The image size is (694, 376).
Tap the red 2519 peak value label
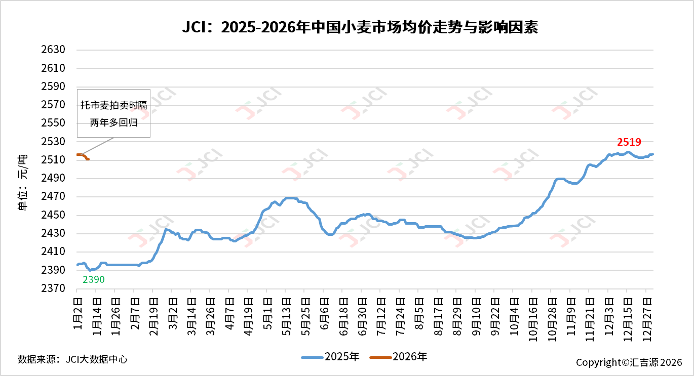629,142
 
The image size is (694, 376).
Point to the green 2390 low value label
94,279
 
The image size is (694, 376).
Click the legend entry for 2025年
330,357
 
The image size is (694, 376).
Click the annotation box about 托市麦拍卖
113,114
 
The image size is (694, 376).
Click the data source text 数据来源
72,359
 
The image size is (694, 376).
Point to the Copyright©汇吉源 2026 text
629,362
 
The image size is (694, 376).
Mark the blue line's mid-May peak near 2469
289,198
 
